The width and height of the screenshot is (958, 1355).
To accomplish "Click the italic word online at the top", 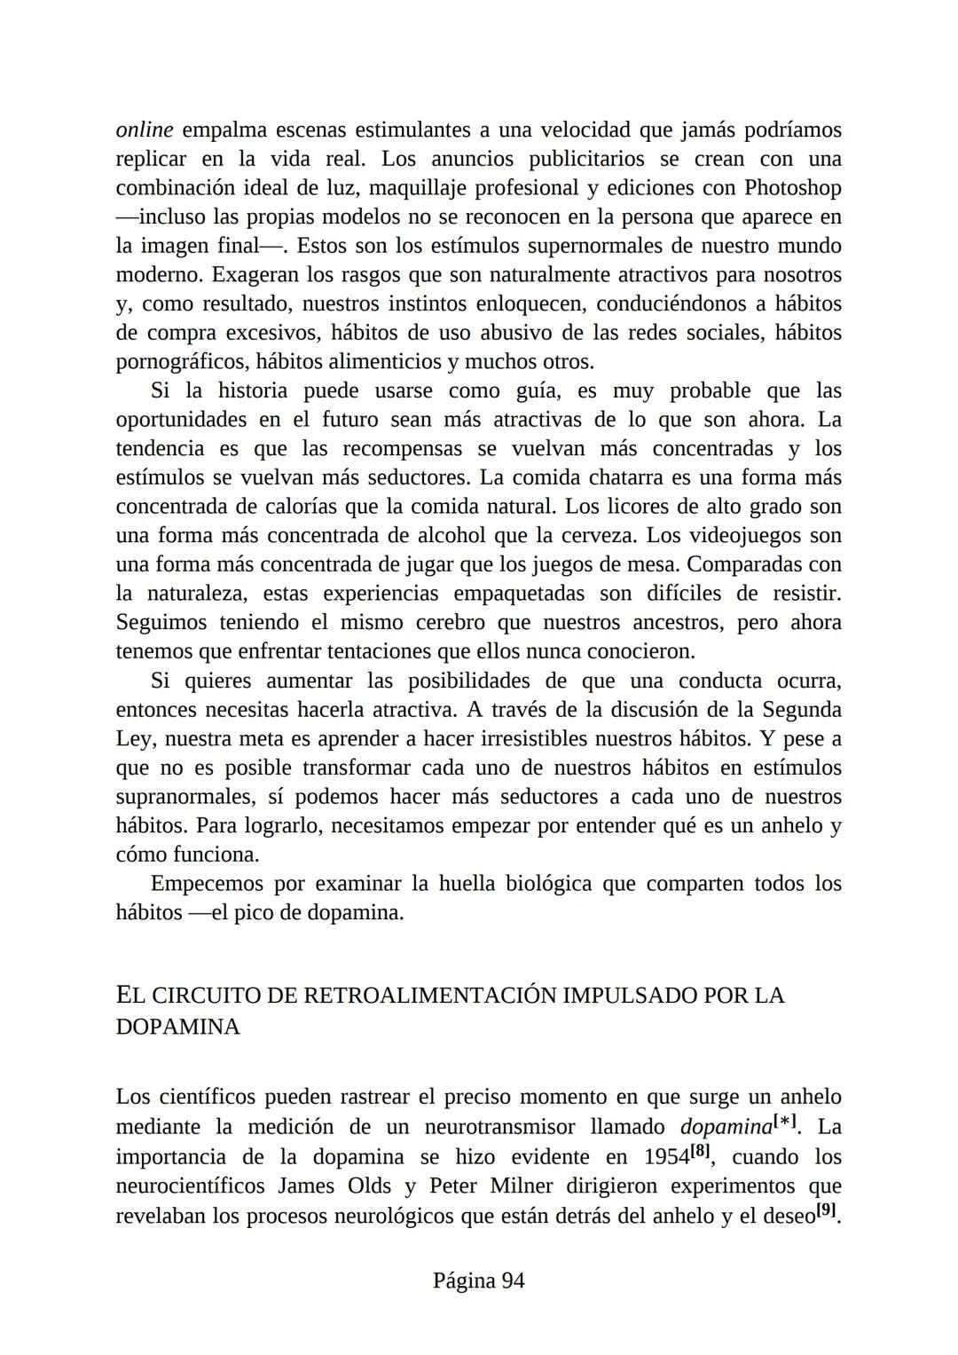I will click(145, 130).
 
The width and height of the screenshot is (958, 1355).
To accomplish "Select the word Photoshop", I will click(792, 188).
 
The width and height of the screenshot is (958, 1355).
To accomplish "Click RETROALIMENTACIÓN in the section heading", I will click(430, 996).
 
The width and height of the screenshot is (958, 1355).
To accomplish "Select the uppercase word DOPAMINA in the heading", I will click(177, 1028).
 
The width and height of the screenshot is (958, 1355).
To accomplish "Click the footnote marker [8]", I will click(701, 1152).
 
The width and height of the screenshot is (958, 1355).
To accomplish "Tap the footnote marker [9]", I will click(826, 1209).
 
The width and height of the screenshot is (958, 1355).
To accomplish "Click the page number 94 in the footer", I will click(513, 1281).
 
